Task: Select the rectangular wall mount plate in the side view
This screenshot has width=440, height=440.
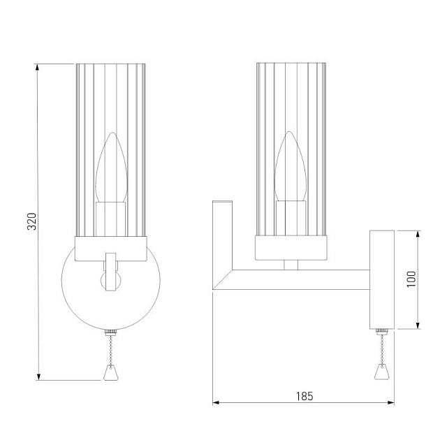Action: (x=381, y=279)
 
